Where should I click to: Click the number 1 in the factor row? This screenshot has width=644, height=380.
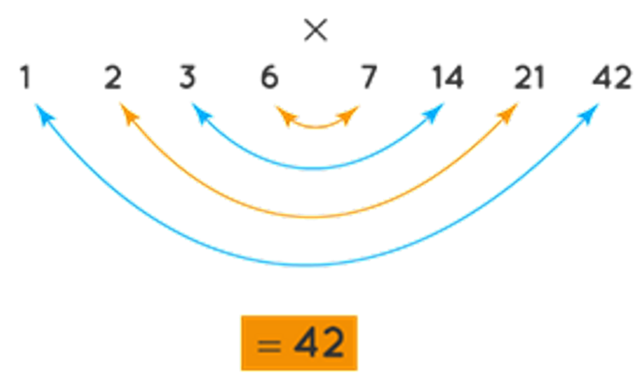(25, 78)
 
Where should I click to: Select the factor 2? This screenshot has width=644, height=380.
(113, 78)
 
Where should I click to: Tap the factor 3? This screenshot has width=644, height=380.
(188, 78)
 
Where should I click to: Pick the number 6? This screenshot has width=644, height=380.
(270, 78)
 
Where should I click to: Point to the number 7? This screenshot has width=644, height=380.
(370, 78)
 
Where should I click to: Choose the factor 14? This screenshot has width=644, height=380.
(447, 78)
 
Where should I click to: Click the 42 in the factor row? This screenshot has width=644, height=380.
(612, 78)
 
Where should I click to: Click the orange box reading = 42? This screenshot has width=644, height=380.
(299, 343)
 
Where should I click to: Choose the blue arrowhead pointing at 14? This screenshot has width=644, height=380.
(435, 113)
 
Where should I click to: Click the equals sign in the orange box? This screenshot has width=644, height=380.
(268, 344)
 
